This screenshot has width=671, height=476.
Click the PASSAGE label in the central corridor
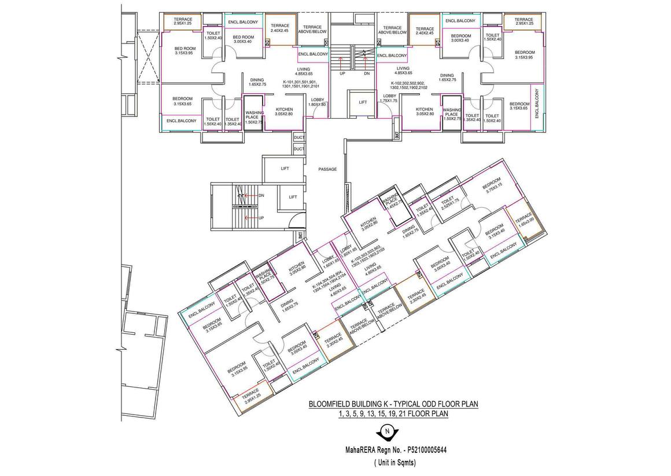327,169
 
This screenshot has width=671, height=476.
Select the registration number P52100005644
428,449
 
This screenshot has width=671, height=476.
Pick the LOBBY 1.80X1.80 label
316,102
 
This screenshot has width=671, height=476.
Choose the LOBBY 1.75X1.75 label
389,98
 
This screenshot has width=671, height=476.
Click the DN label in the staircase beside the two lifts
261,196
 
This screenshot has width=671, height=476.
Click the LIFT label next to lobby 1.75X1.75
363,102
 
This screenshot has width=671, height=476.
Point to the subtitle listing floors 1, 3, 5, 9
393,414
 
